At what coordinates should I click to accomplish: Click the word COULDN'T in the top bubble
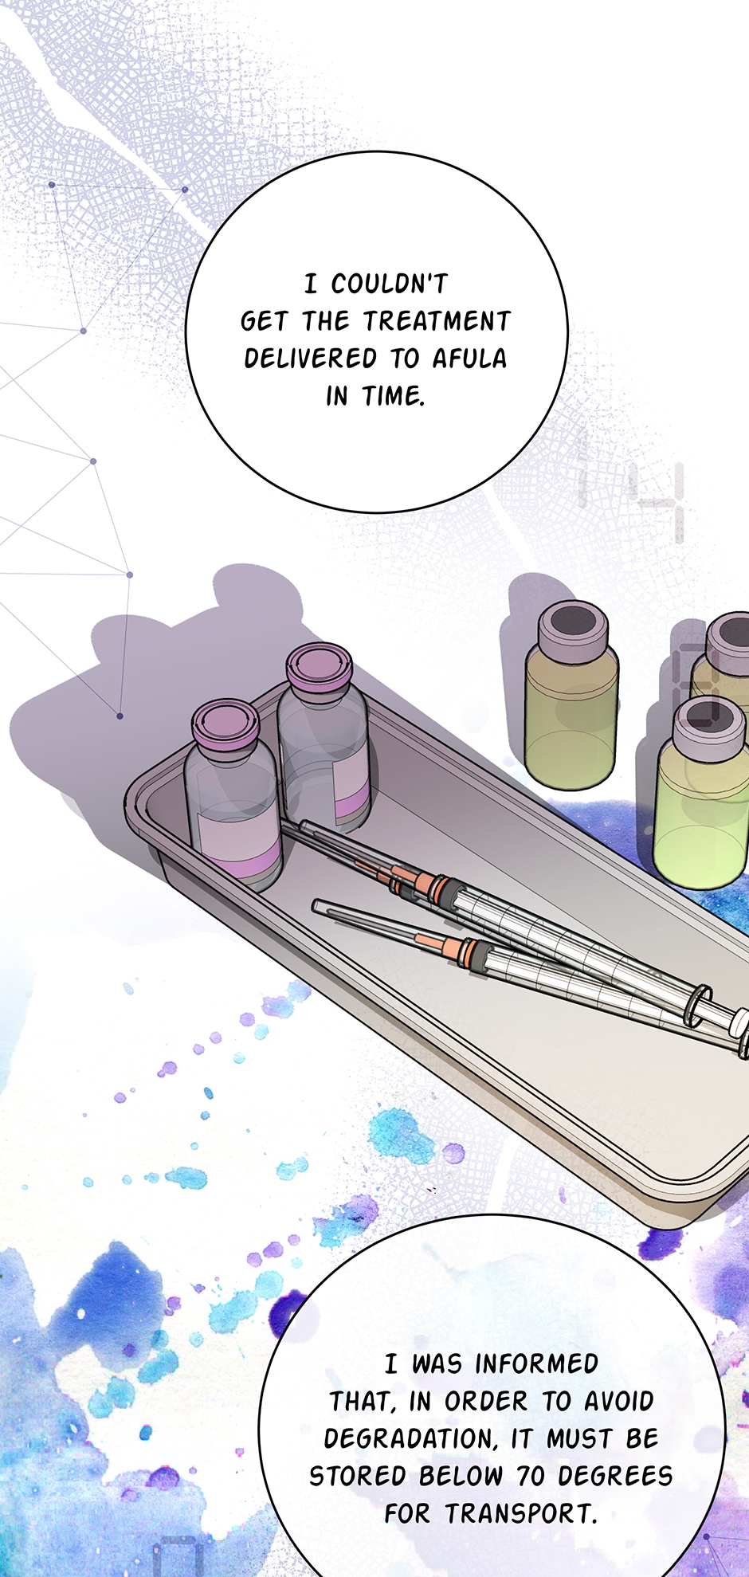390,284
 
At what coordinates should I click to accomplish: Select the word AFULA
469,359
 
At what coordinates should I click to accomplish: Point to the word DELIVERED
310,359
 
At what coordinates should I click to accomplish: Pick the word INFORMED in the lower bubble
536,1364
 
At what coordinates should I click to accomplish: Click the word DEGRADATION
411,1439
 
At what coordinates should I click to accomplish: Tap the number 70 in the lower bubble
531,1477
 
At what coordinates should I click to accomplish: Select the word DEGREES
615,1477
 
